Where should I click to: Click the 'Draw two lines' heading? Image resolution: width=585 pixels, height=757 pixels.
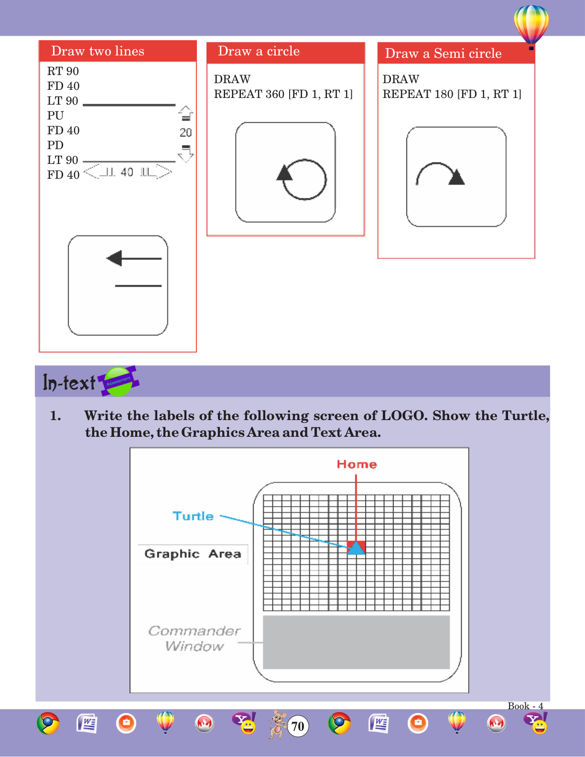97,51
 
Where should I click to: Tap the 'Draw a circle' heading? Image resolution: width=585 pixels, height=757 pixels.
259,51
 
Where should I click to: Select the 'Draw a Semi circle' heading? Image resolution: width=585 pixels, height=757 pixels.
443,54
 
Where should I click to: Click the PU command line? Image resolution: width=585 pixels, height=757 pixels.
55,116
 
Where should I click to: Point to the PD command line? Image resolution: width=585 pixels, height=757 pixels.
55,145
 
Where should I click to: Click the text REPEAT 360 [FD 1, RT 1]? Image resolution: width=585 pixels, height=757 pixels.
283,94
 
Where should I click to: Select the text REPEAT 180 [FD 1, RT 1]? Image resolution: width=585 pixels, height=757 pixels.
452,94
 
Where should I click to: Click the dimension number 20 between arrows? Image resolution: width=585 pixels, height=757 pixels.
185,133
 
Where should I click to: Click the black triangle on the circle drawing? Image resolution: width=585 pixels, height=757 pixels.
285,173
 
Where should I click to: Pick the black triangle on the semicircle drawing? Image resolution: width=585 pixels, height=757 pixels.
457,177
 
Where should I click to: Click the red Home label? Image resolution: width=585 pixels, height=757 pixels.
357,465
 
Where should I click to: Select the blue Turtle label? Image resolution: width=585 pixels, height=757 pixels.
193,516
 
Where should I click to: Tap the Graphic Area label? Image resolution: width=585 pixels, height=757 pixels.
193,554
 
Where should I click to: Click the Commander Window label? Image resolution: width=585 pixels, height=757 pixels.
194,638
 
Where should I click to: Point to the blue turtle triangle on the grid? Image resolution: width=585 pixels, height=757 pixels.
356,548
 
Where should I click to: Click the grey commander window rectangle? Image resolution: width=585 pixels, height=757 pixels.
356,642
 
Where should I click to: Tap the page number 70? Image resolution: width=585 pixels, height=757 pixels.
298,726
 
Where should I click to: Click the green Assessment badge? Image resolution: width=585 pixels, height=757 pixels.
119,381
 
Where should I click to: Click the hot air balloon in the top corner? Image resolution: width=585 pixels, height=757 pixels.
531,25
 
